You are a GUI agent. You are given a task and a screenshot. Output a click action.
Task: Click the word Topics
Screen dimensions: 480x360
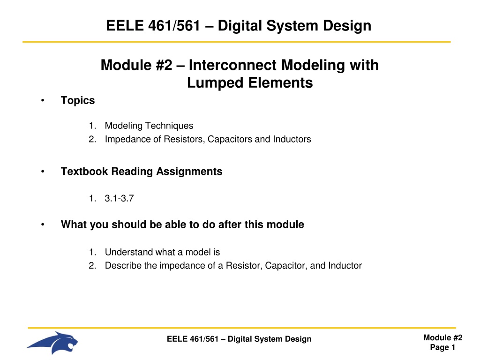click(78, 101)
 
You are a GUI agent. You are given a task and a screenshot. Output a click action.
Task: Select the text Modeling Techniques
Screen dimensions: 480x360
click(149, 126)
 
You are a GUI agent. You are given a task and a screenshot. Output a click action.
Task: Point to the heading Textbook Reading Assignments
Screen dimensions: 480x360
click(142, 172)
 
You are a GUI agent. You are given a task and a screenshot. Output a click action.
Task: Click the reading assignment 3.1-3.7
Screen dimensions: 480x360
click(120, 198)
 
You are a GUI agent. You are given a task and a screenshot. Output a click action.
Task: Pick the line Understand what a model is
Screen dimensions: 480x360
click(163, 252)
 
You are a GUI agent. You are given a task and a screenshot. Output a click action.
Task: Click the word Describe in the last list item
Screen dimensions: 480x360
click(123, 265)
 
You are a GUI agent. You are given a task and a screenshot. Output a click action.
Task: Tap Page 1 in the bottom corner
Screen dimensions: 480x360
click(442, 347)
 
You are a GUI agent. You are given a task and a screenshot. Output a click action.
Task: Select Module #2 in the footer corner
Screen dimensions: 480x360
click(442, 337)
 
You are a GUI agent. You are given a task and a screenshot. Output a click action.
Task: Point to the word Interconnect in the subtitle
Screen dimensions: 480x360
click(233, 65)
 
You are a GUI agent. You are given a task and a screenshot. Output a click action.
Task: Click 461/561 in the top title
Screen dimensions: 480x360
click(174, 25)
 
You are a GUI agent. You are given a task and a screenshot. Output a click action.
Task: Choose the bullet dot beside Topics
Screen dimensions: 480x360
click(43, 100)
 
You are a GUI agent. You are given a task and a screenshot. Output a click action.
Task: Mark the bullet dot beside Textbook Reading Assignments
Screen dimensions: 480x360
click(43, 172)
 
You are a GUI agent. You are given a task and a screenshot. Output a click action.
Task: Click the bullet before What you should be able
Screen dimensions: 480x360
click(43, 225)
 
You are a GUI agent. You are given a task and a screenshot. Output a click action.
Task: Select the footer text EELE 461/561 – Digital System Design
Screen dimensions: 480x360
click(239, 339)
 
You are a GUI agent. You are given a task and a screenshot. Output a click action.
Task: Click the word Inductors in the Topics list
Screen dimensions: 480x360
click(292, 139)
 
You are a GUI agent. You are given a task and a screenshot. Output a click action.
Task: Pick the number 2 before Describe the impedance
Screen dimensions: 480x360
click(92, 265)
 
